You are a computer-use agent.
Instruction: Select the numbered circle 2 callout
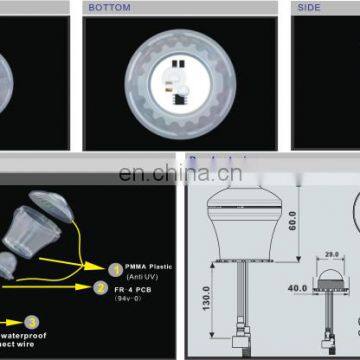101,287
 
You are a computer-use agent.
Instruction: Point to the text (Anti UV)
141,278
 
